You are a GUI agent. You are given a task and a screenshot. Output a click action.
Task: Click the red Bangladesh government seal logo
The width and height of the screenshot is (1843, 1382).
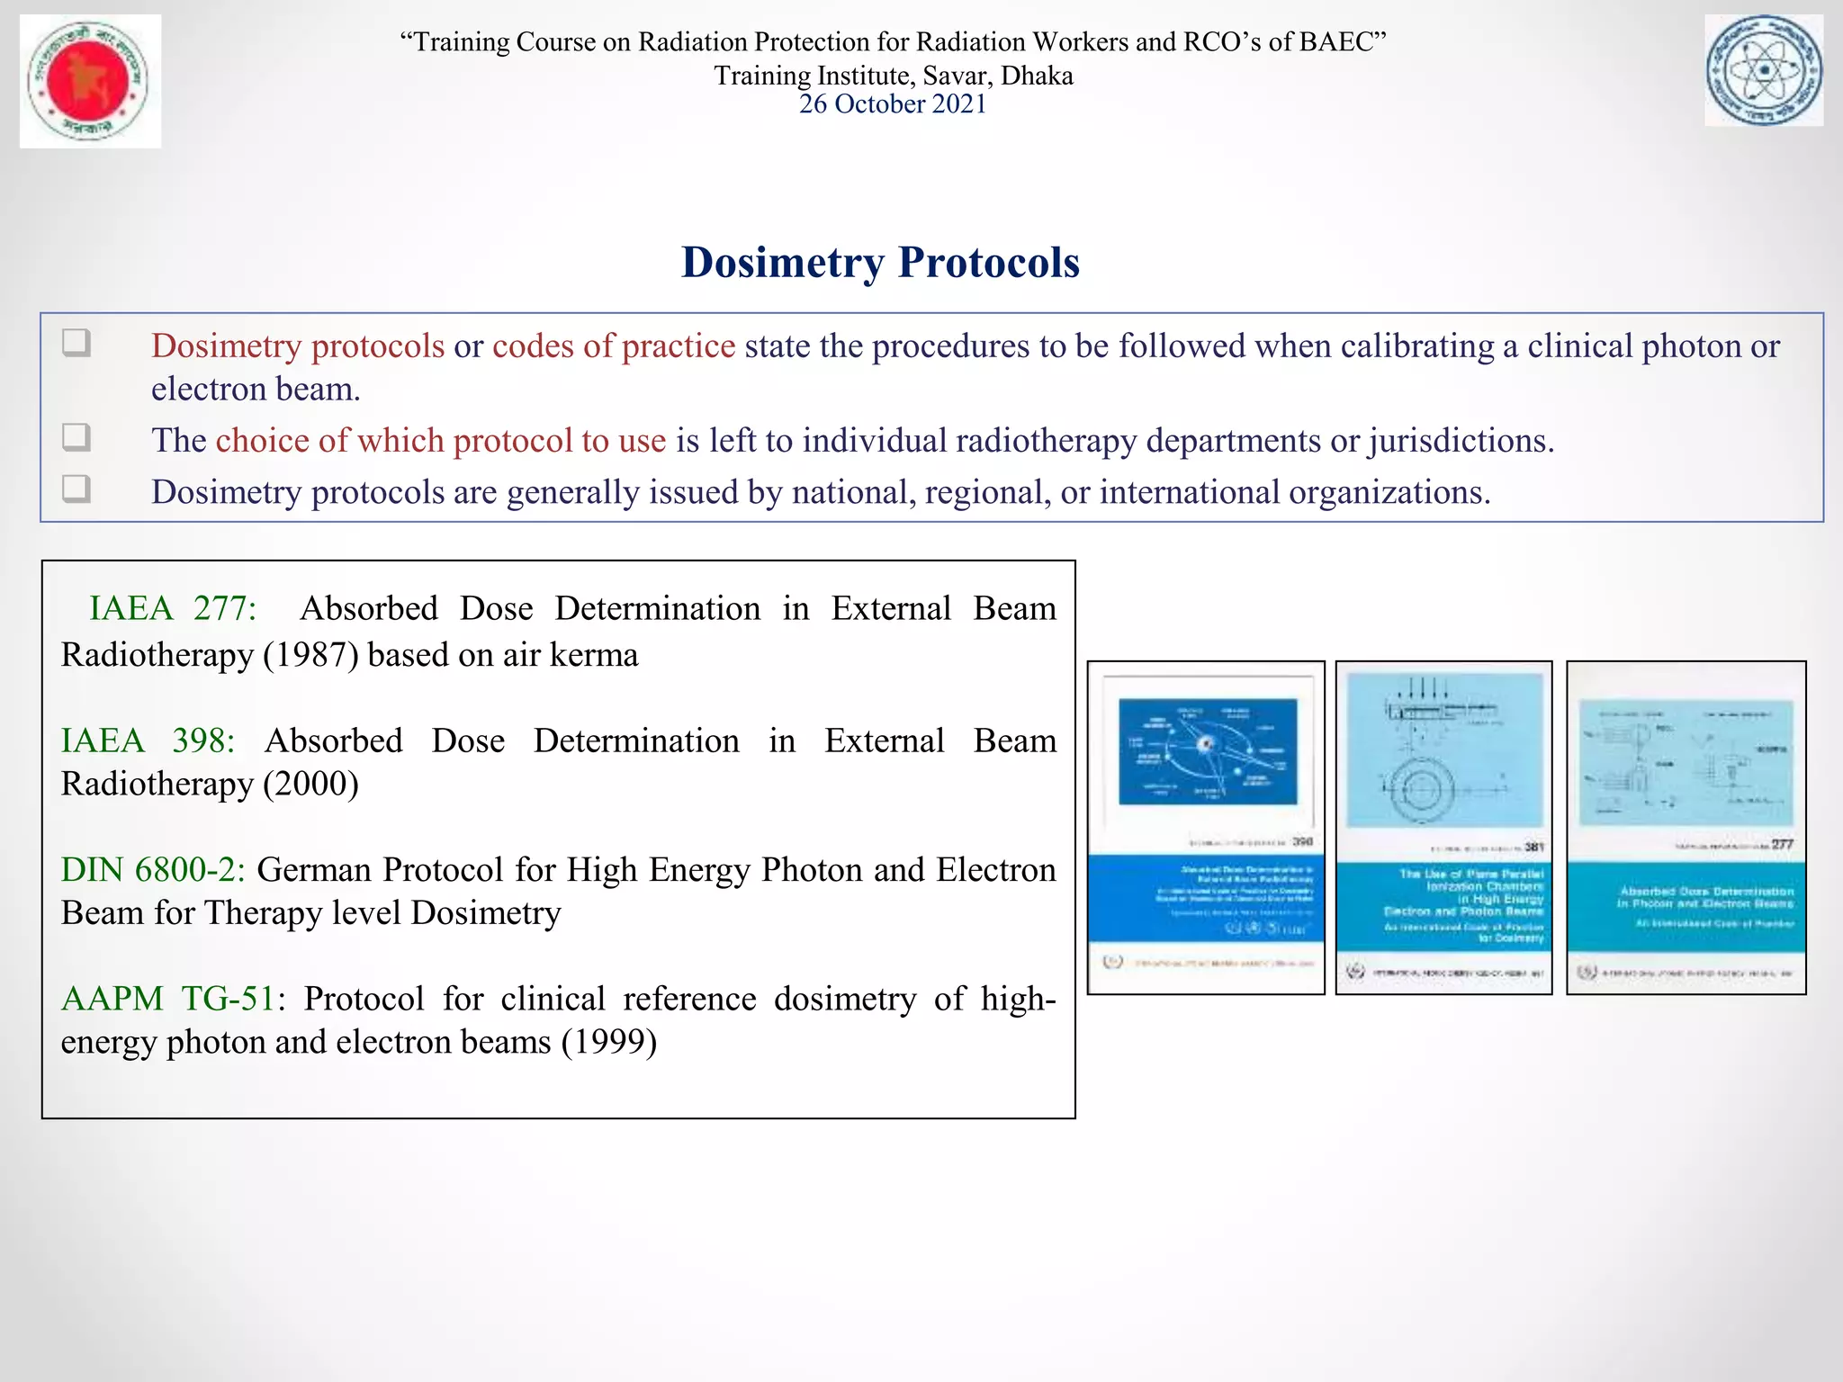click(x=90, y=81)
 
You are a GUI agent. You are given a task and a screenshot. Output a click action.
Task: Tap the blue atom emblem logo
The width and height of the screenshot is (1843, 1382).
click(x=1764, y=70)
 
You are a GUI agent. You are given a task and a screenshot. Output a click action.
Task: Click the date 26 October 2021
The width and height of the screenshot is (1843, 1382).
click(x=893, y=104)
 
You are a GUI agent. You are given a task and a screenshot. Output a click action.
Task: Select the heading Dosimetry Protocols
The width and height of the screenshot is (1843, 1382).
click(x=880, y=263)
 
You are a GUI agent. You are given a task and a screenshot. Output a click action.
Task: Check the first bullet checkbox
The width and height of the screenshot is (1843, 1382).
click(x=76, y=343)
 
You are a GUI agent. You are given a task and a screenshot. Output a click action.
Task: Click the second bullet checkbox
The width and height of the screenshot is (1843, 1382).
click(x=76, y=437)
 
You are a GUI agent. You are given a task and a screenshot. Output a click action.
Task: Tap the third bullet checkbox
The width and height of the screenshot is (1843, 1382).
click(x=76, y=489)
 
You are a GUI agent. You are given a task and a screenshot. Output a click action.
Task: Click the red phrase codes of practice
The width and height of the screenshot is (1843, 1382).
click(x=614, y=346)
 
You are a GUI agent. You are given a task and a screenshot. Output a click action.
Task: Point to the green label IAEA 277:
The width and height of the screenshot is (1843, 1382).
click(x=172, y=609)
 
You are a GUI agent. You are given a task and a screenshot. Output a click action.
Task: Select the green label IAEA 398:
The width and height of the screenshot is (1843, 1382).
click(x=148, y=741)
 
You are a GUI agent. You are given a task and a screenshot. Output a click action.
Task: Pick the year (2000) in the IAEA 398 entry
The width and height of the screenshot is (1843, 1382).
click(x=311, y=785)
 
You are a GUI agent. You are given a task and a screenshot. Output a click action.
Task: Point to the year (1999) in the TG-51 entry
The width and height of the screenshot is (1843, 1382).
click(x=609, y=1043)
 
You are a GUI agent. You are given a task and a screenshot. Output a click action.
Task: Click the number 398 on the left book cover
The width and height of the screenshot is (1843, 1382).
click(x=1302, y=842)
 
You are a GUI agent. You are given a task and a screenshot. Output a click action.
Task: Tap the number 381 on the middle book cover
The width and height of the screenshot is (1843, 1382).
click(x=1534, y=847)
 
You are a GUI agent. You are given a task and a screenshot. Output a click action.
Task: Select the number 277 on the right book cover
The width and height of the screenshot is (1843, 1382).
click(x=1783, y=844)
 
